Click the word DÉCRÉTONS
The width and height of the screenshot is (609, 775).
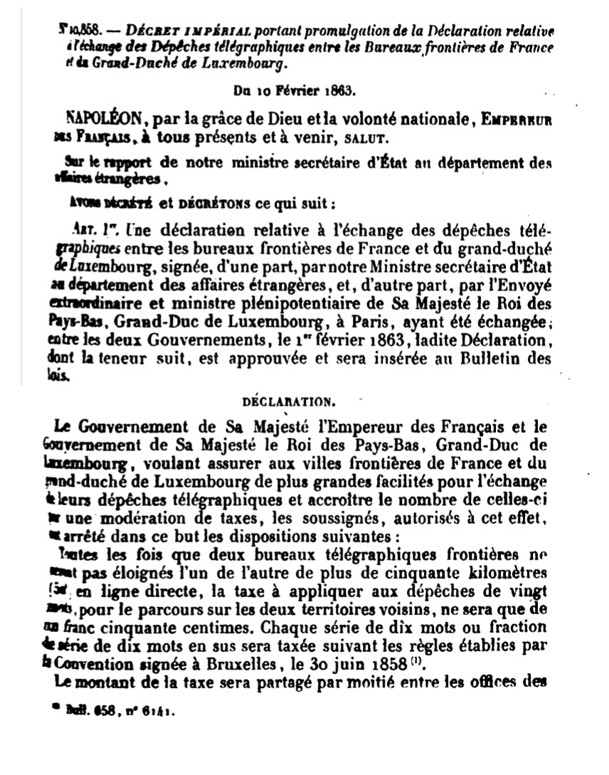[212, 204]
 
